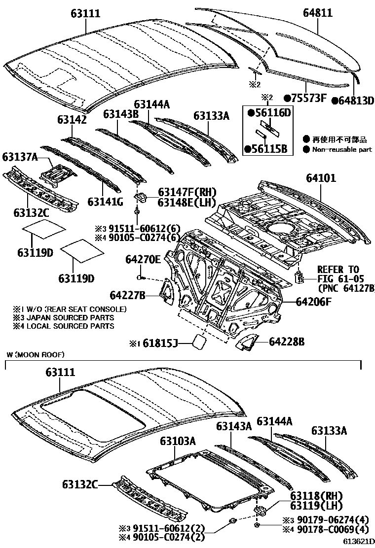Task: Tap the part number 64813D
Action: coord(353,101)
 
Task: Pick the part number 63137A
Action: coord(20,157)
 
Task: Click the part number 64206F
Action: coord(314,302)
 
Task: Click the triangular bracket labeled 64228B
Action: coord(247,341)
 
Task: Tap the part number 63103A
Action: coord(178,441)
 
